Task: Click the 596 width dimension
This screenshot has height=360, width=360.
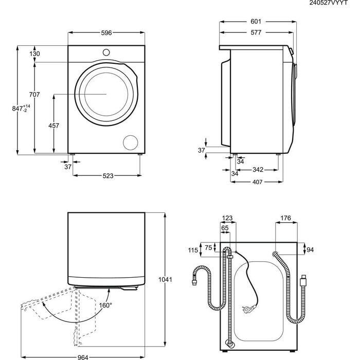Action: [x=106, y=33]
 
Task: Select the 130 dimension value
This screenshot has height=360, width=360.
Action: [x=35, y=54]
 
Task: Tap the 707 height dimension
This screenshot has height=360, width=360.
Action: [x=34, y=94]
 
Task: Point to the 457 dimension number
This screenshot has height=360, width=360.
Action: [x=53, y=126]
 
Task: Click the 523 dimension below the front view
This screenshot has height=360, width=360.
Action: [x=108, y=176]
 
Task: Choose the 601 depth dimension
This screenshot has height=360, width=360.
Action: [x=256, y=22]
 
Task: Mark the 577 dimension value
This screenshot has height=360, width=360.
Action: [x=256, y=32]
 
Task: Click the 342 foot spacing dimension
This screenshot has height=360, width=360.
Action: [x=258, y=170]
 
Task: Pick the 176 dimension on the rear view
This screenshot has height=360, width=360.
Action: [x=286, y=219]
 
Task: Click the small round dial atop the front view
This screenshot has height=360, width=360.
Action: [x=106, y=52]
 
